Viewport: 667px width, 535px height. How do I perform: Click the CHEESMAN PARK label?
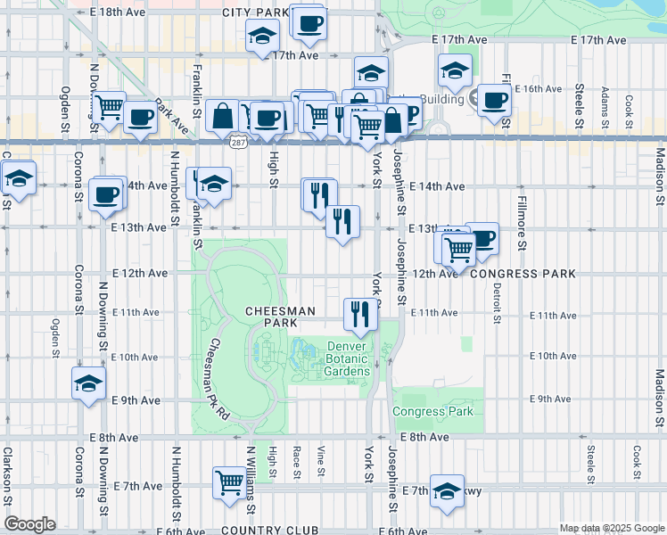point(281,316)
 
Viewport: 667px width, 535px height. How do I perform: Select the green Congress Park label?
point(433,411)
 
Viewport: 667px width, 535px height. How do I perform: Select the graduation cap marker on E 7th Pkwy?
point(447,490)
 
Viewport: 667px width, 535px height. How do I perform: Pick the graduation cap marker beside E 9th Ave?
point(87,383)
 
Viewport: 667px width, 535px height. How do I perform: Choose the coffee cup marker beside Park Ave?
point(140,118)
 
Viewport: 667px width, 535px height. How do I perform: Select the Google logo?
point(29,523)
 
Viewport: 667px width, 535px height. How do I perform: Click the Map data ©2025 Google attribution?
point(612,528)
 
